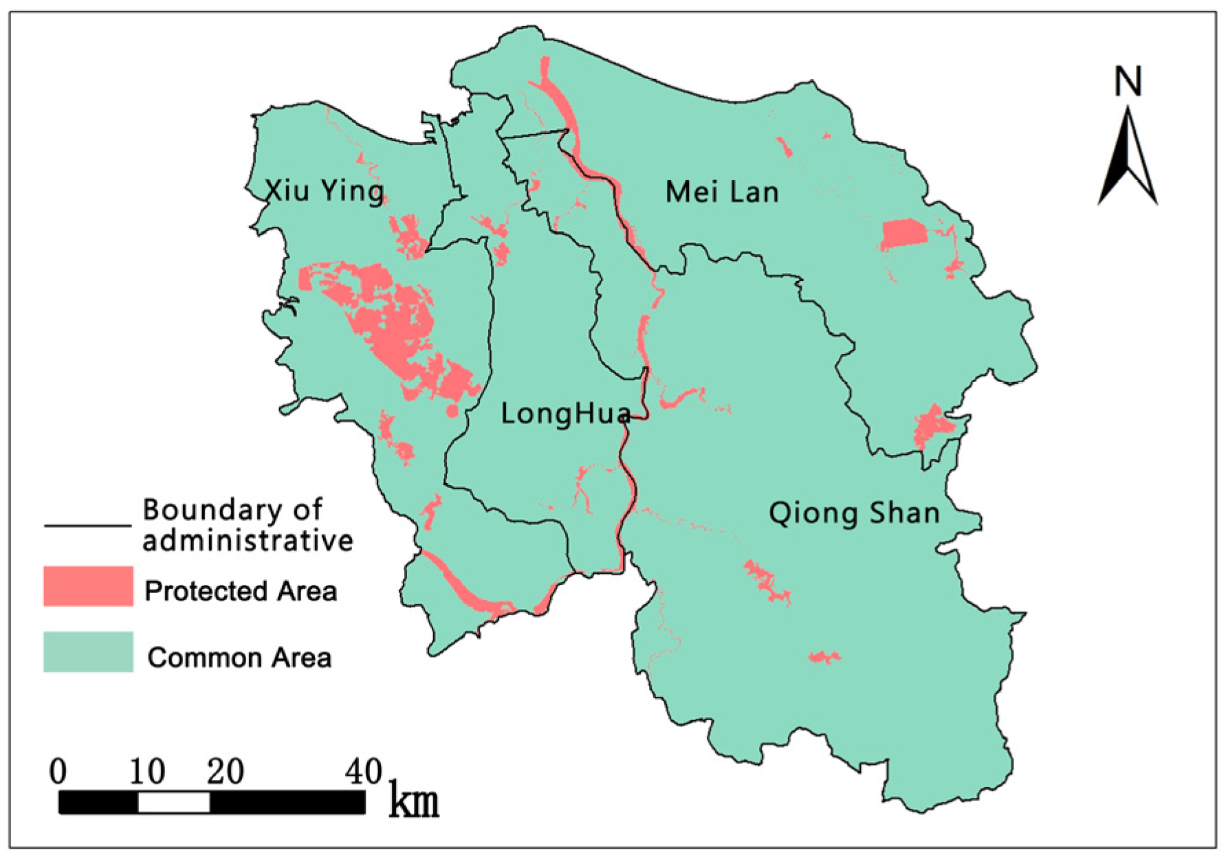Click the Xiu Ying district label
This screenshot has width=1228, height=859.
(x=325, y=190)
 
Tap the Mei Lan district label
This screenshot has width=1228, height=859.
(x=722, y=192)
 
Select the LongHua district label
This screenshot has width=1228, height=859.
(x=565, y=414)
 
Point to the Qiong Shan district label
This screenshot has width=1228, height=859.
(x=854, y=513)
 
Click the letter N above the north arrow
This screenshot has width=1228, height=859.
(x=1128, y=82)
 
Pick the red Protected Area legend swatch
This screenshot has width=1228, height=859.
(x=88, y=586)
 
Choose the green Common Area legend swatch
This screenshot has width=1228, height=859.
(x=88, y=651)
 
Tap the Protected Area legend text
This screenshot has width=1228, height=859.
(x=241, y=591)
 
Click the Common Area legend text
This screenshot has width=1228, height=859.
(x=239, y=658)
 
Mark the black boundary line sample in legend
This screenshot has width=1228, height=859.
(x=87, y=526)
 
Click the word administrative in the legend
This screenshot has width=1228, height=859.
(x=248, y=541)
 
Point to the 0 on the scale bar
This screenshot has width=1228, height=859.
(x=58, y=771)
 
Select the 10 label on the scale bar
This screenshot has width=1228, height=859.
(x=147, y=772)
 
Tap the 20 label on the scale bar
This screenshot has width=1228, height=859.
(x=226, y=772)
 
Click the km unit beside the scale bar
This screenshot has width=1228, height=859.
(x=413, y=801)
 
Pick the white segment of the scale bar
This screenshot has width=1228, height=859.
(x=174, y=802)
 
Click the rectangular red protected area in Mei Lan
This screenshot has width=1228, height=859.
(x=903, y=234)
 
